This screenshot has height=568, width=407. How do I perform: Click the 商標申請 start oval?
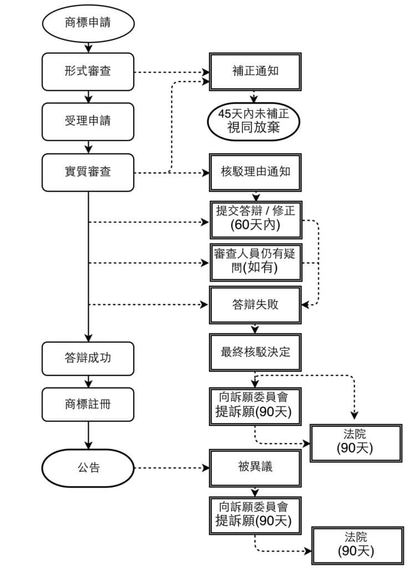pos(88,24)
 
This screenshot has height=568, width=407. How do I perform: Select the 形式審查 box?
pos(88,72)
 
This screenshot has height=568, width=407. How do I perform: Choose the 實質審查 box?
pos(88,172)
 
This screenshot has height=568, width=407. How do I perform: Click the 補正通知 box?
pos(255,72)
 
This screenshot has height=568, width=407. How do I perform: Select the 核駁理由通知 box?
pos(255,172)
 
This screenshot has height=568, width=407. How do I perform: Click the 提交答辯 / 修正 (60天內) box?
pos(255,219)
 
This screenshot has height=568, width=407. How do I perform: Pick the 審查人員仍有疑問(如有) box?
pos(255,261)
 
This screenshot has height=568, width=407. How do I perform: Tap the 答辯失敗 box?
pos(255,305)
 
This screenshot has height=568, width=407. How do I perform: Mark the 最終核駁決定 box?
pos(255,352)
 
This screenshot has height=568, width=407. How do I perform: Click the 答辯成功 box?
pos(88,358)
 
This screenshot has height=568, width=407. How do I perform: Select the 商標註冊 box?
pos(88,404)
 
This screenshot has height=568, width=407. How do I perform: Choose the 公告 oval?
pos(88,468)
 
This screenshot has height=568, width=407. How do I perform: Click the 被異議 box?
pos(255,468)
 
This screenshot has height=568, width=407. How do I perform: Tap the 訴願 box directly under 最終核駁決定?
pos(255,405)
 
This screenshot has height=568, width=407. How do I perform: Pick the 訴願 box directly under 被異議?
pos(255,514)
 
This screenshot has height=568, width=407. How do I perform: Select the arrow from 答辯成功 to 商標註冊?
pos(88,381)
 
